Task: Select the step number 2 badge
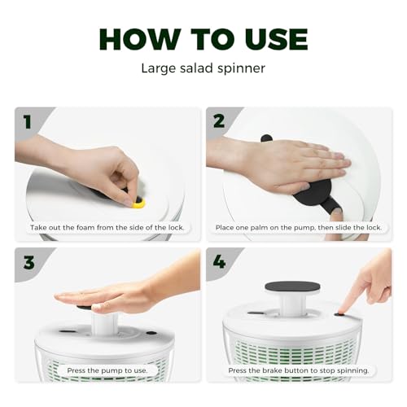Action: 218,122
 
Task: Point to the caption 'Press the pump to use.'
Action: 107,370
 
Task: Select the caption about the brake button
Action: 298,370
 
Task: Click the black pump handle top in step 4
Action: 292,287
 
